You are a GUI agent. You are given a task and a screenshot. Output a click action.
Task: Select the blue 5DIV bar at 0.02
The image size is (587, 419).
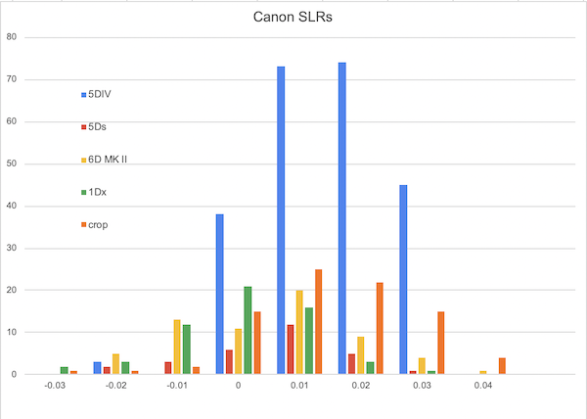[342, 218]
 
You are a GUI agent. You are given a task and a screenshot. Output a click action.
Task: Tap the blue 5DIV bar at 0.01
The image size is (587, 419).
[281, 220]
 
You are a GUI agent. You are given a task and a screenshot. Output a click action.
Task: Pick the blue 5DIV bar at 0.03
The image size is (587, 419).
[403, 279]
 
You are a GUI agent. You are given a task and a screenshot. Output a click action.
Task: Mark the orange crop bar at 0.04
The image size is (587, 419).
[502, 365]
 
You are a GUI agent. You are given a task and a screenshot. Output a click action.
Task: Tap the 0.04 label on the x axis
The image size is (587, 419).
[483, 388]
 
